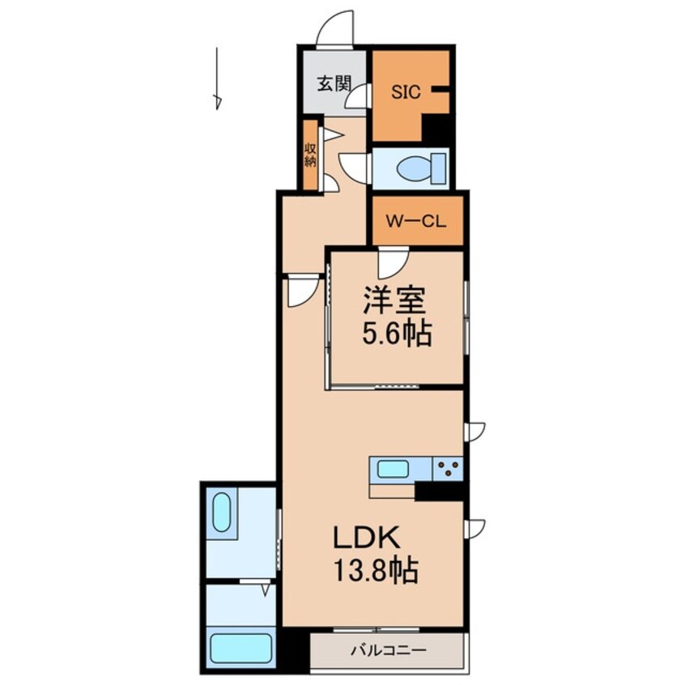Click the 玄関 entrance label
tap(334, 83)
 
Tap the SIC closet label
tap(406, 92)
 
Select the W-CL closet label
tap(416, 221)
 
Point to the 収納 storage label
tap(310, 155)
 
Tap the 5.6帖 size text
tap(397, 334)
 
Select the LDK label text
tap(367, 538)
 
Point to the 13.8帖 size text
tap(377, 570)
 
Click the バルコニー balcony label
tap(389, 651)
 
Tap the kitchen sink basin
tap(394, 470)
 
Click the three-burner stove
tap(448, 469)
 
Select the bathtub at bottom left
tap(240, 648)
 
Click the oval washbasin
tap(222, 512)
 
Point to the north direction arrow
tap(217, 79)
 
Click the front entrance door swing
tap(334, 28)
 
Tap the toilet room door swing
tap(355, 168)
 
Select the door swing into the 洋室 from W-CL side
tap(394, 263)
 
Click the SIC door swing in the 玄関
tap(358, 96)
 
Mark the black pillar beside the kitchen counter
tap(439, 491)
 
